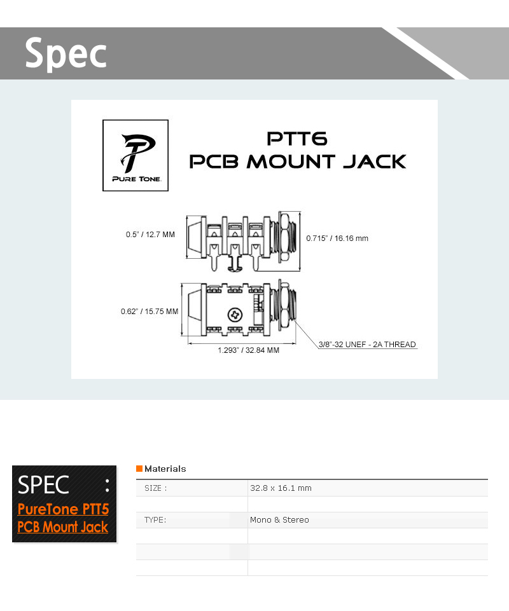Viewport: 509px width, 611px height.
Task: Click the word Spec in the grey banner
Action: point(66,53)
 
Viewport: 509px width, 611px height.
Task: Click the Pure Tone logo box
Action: point(136,156)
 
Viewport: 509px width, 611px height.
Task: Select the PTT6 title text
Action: point(297,139)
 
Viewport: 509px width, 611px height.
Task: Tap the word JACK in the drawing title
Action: point(375,161)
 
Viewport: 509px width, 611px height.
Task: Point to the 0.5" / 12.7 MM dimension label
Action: point(150,235)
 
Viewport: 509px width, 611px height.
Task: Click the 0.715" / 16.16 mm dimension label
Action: point(337,238)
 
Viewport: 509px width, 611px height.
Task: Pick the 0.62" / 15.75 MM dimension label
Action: point(150,312)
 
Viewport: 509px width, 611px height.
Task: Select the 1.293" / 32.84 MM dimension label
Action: point(248,350)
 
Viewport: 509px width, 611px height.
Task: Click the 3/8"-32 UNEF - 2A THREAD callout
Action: point(367,345)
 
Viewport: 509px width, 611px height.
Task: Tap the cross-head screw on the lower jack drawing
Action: point(235,315)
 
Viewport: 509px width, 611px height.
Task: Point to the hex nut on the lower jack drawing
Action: point(284,308)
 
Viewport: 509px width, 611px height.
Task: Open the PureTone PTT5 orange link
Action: point(63,509)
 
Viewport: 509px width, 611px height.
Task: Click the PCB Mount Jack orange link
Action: point(63,527)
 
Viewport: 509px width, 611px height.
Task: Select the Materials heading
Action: point(165,469)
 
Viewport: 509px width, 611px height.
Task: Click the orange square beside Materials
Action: point(139,469)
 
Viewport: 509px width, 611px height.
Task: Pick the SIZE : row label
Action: point(156,488)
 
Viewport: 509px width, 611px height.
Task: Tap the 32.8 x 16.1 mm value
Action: point(281,488)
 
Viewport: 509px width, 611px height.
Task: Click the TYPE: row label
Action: point(155,520)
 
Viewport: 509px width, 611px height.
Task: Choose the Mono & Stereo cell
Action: point(280,520)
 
